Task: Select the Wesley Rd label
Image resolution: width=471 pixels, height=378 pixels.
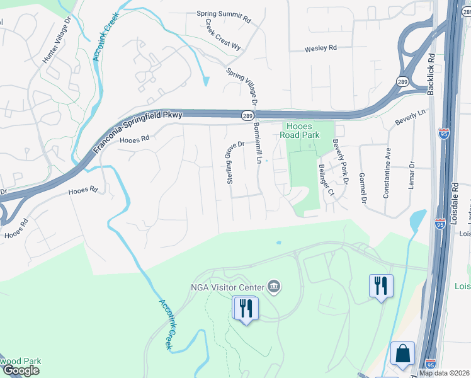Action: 321,48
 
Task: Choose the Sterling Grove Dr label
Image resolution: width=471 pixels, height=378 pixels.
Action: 229,163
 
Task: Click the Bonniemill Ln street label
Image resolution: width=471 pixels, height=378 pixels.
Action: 258,144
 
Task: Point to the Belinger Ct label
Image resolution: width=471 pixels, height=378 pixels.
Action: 326,180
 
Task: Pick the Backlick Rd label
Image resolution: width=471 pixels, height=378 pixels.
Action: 431,74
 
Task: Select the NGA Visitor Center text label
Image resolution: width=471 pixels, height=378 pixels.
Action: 227,288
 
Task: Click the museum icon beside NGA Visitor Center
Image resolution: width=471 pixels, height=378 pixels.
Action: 274,287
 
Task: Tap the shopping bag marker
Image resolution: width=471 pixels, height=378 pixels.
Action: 402,354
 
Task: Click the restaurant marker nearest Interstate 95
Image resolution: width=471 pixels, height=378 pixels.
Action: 380,286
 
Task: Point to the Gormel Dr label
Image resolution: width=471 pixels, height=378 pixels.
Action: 362,188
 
